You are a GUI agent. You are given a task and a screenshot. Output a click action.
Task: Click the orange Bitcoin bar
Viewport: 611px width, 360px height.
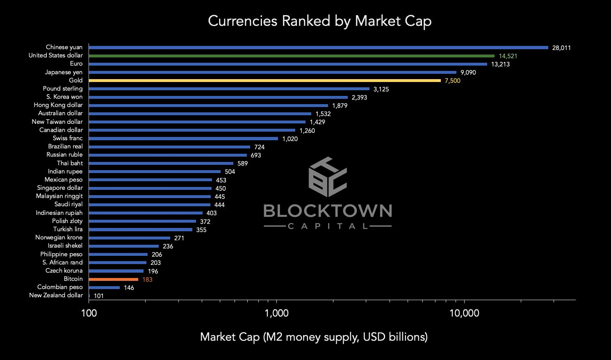pyautogui.click(x=113, y=279)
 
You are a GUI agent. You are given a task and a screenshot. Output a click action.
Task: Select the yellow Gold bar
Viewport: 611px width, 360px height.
pyautogui.click(x=264, y=81)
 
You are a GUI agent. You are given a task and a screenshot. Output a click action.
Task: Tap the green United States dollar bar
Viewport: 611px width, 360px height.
pyautogui.click(x=291, y=56)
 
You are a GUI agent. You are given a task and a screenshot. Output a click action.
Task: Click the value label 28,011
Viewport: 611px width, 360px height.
pyautogui.click(x=561, y=48)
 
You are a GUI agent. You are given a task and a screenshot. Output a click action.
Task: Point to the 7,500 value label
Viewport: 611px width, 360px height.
pyautogui.click(x=452, y=81)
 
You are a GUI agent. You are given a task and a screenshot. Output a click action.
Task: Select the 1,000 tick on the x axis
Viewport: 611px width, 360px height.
pyautogui.click(x=277, y=313)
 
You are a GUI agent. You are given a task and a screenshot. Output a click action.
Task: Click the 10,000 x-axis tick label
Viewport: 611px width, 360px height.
pyautogui.click(x=464, y=313)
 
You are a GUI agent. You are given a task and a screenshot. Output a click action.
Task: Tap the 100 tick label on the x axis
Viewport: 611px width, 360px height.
pyautogui.click(x=89, y=313)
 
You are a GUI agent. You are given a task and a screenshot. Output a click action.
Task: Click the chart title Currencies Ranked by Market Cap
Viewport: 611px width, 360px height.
pyautogui.click(x=319, y=21)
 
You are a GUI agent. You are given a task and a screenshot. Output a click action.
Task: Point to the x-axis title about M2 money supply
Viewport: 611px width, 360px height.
pyautogui.click(x=314, y=337)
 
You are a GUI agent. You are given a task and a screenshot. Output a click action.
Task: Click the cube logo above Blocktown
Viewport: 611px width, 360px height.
pyautogui.click(x=328, y=177)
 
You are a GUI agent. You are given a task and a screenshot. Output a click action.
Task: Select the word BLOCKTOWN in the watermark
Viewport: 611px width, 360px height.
pyautogui.click(x=328, y=211)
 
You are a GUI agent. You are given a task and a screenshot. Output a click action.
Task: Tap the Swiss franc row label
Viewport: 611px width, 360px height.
pyautogui.click(x=68, y=139)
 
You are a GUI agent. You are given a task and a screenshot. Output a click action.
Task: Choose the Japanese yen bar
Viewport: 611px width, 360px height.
pyautogui.click(x=272, y=73)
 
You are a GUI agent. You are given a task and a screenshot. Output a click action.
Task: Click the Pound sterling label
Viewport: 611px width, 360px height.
pyautogui.click(x=63, y=89)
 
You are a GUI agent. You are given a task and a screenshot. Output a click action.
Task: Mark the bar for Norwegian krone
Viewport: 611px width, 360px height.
pyautogui.click(x=129, y=238)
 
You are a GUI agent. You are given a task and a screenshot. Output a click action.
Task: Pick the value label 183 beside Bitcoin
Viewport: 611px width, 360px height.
pyautogui.click(x=147, y=280)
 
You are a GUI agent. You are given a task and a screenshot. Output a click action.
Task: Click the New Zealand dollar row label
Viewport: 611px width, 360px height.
pyautogui.click(x=56, y=296)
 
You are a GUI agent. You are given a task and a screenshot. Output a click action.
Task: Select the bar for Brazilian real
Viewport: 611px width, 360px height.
pyautogui.click(x=169, y=147)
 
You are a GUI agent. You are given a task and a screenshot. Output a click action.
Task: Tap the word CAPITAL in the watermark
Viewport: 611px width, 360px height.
pyautogui.click(x=328, y=226)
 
